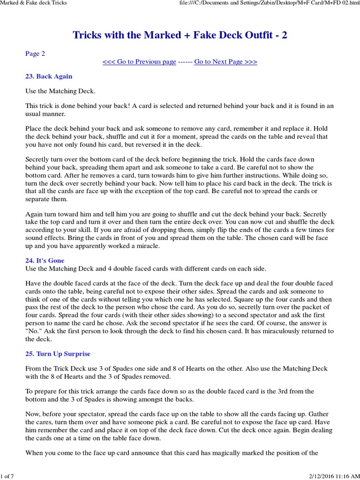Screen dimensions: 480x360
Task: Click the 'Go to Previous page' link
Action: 139,62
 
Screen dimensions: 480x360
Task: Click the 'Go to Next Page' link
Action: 225,62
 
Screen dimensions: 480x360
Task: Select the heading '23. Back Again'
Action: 49,76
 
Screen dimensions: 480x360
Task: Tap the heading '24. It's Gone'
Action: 45,260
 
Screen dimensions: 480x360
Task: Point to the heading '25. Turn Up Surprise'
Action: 58,353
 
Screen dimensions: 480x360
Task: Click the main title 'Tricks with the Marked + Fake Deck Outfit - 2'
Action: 180,35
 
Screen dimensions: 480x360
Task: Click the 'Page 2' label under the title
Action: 35,53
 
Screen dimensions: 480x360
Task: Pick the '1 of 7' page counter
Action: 7,476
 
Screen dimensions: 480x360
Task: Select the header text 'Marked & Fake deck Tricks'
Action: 34,3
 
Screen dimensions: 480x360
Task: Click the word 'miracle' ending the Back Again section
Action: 147,246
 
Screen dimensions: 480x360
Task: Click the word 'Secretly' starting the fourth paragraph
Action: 39,159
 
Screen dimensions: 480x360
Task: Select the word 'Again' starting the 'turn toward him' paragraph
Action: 35,214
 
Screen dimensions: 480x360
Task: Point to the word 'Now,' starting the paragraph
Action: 34,414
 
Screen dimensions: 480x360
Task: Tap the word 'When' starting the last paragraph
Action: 35,453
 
